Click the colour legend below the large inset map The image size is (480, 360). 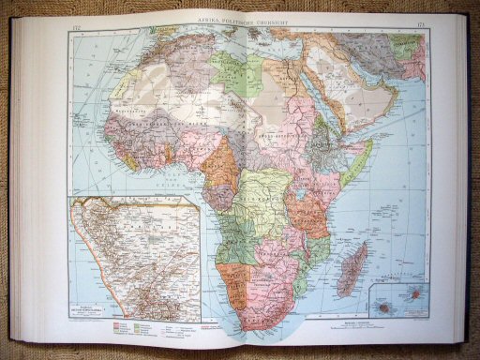[x=141, y=328]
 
